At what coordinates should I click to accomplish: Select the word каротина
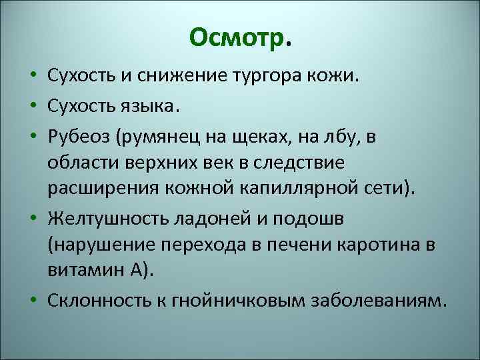pyautogui.click(x=371, y=245)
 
